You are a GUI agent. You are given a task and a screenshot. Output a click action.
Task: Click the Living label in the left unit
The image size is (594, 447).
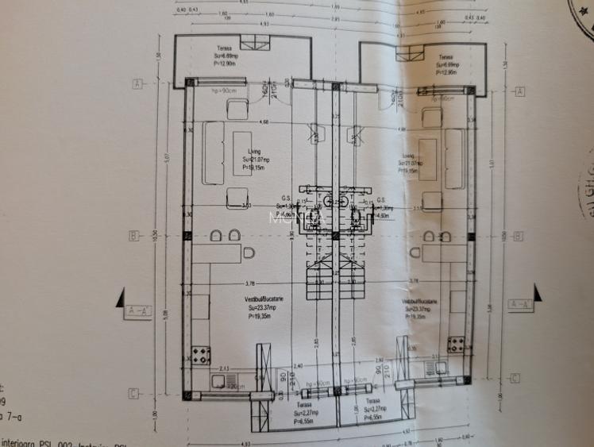click(x=254, y=151)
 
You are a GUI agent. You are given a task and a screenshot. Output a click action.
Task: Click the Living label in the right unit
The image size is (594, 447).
click(x=409, y=156)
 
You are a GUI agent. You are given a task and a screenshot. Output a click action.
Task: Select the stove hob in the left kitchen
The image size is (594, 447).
click(x=200, y=351)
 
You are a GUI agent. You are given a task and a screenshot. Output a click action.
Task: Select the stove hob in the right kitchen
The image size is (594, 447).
click(x=455, y=345)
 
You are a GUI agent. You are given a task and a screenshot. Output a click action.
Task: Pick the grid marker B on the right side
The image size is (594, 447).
click(x=517, y=236)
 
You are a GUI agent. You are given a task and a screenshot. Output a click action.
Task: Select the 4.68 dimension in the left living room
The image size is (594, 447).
click(x=264, y=122)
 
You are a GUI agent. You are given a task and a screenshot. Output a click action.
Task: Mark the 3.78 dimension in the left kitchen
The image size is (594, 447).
click(x=250, y=283)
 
